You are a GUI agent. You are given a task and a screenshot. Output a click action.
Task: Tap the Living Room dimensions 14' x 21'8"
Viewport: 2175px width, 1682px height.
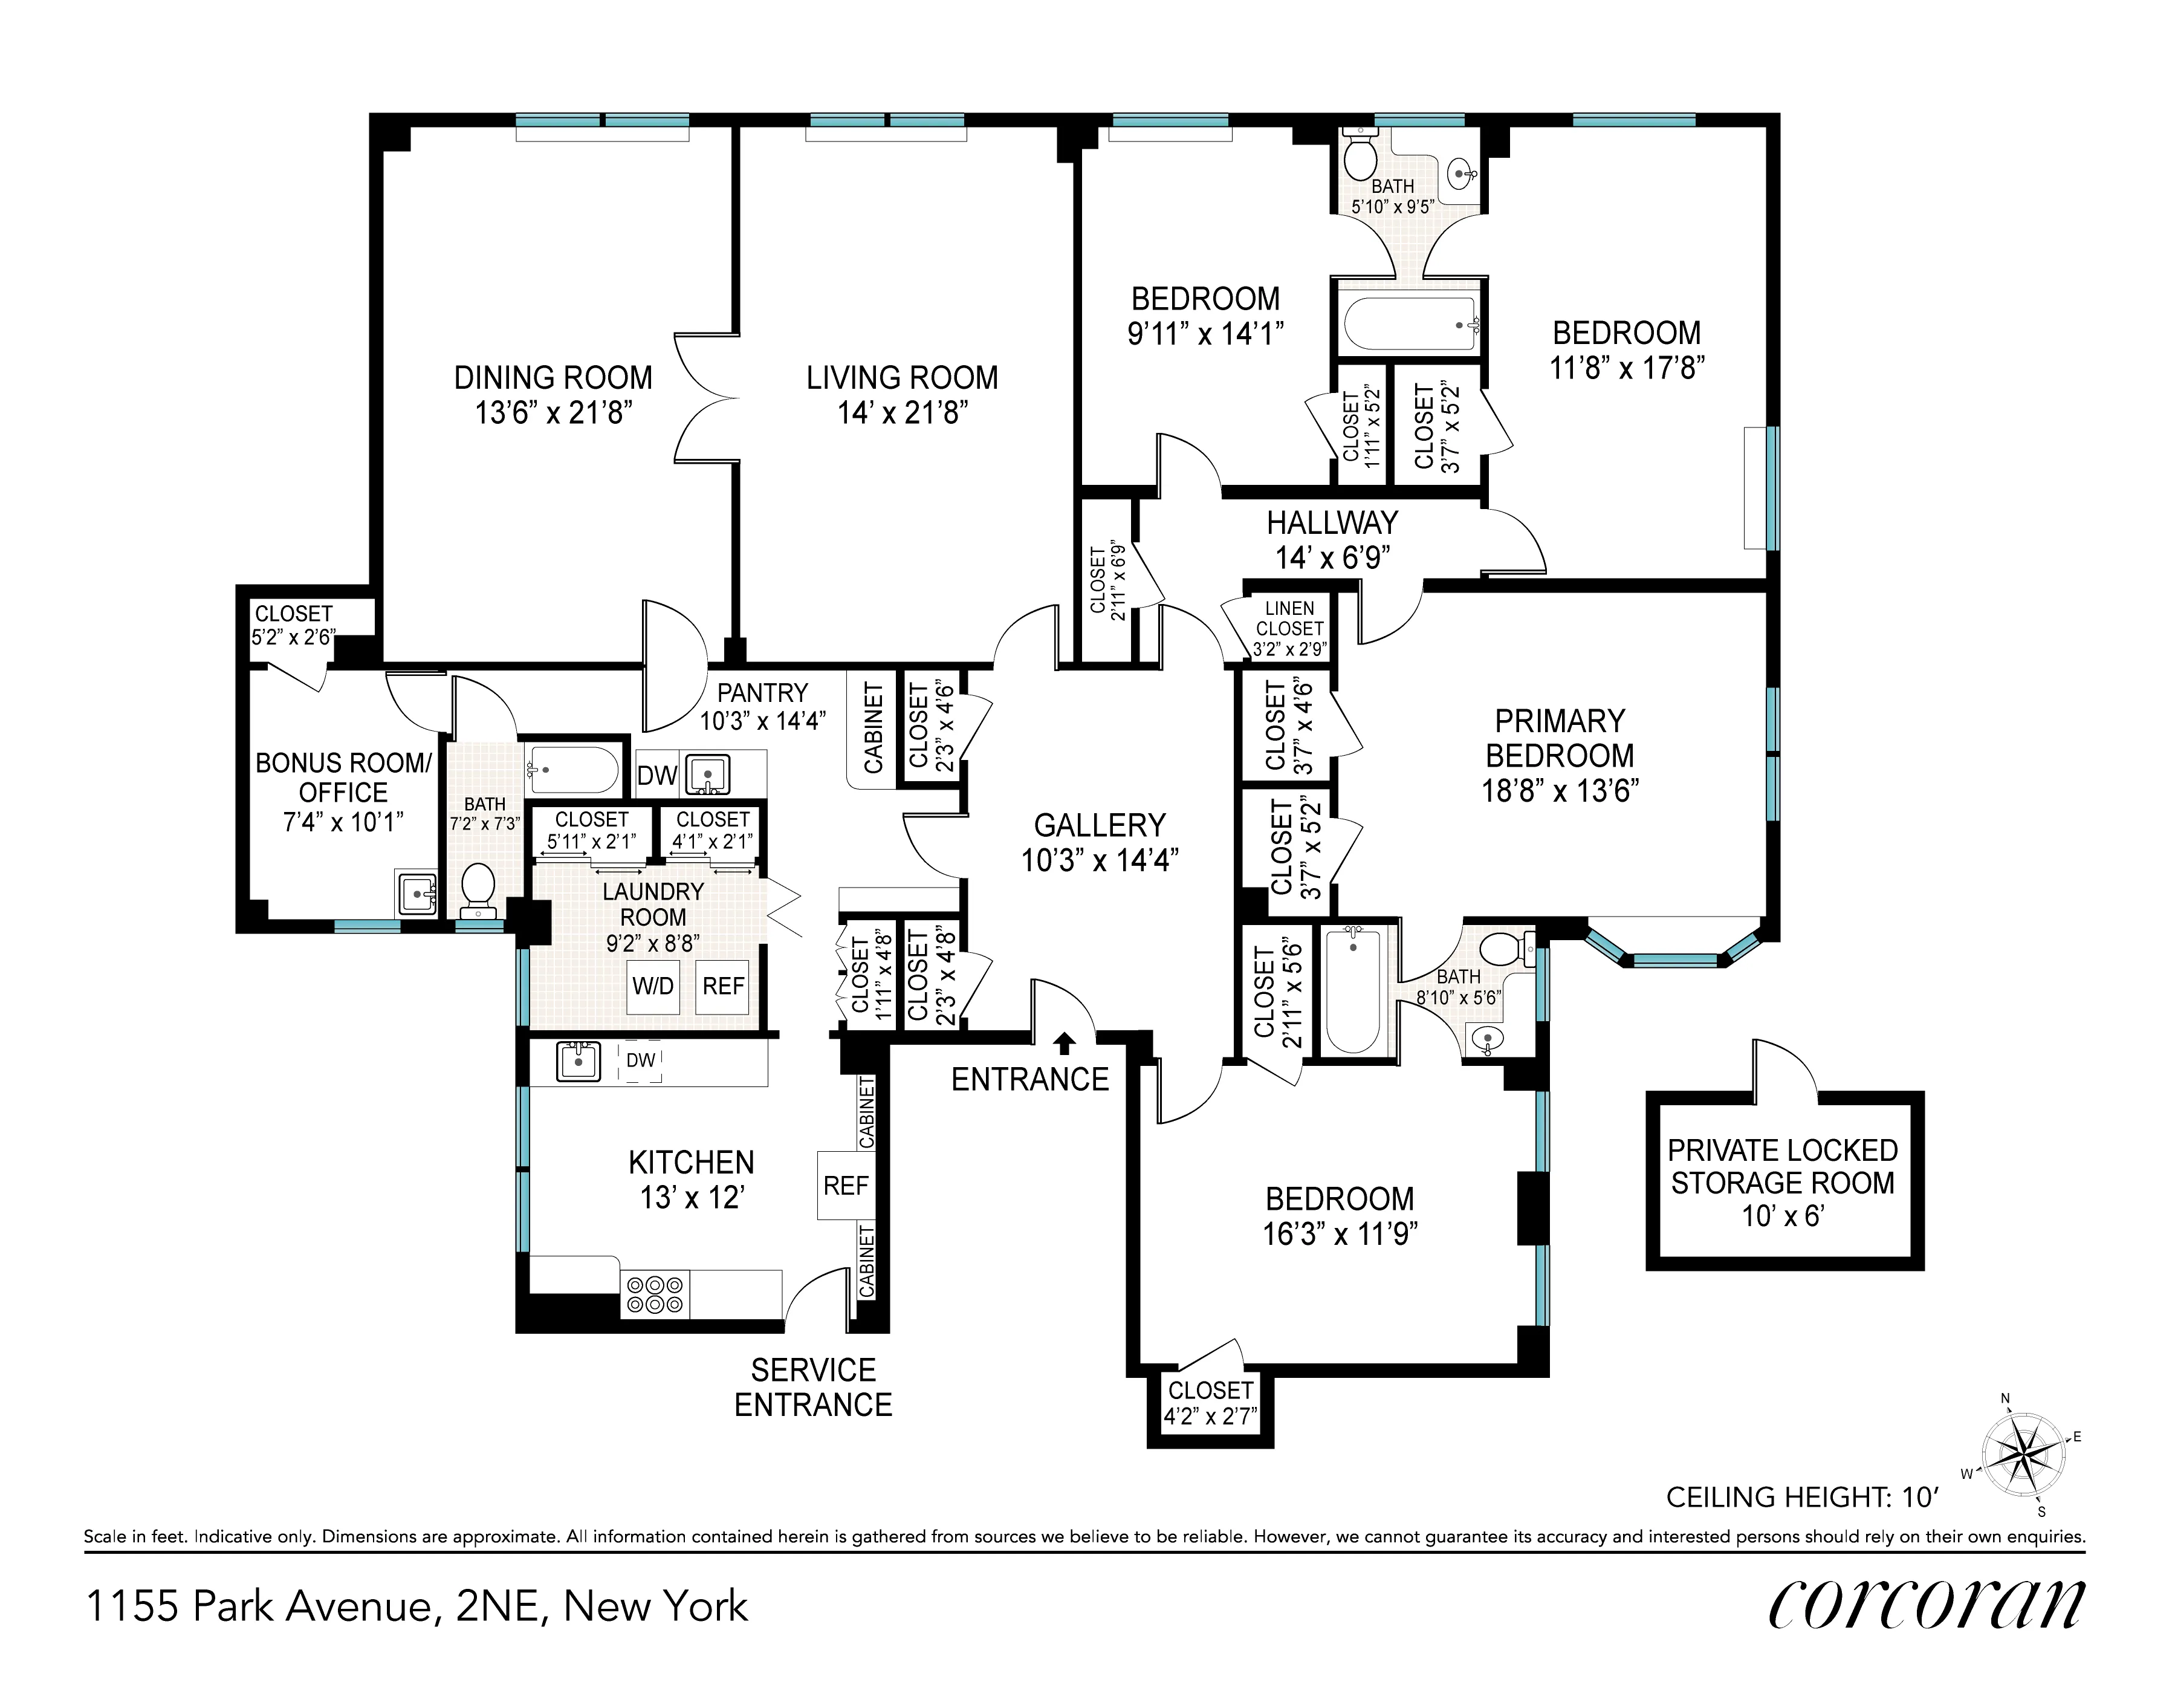[x=903, y=412]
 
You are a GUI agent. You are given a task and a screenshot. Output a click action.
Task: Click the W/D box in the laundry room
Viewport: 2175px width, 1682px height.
[x=653, y=986]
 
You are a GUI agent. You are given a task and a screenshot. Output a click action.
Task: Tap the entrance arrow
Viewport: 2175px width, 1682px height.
[x=1065, y=1043]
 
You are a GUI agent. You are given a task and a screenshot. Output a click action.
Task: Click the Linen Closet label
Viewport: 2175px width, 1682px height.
[x=1289, y=619]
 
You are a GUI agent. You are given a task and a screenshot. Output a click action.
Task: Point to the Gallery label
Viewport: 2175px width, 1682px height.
[x=1100, y=825]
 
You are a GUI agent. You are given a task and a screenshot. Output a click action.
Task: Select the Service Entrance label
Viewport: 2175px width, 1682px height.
[x=812, y=1387]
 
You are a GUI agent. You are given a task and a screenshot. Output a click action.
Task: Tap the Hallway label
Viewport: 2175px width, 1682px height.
[x=1332, y=523]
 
